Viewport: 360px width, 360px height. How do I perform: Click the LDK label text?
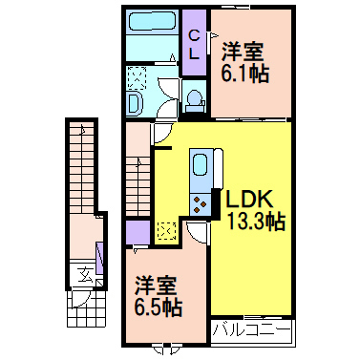pos(250,201)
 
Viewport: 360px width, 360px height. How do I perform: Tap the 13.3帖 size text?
pos(253,222)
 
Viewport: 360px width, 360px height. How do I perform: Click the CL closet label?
pos(194,45)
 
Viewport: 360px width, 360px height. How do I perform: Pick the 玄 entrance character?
pos(83,276)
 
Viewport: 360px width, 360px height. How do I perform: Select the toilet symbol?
pos(194,98)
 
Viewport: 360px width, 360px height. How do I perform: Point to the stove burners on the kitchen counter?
pos(202,201)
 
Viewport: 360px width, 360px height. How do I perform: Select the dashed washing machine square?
pos(136,75)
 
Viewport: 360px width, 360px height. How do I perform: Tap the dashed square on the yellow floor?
pos(164,230)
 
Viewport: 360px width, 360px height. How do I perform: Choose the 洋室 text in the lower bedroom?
pos(154,285)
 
